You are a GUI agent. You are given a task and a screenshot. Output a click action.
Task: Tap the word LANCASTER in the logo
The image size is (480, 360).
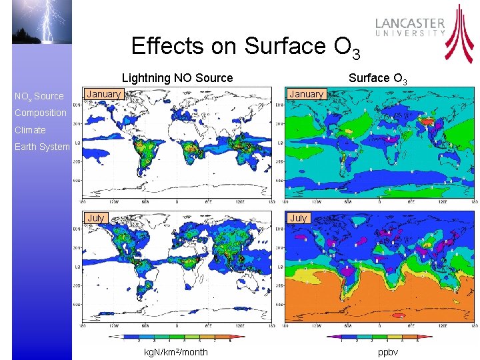[x=410, y=23]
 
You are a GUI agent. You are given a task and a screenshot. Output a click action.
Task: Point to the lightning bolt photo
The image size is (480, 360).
[x=41, y=21]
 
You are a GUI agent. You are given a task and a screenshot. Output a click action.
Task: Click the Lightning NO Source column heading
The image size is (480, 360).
[x=177, y=78]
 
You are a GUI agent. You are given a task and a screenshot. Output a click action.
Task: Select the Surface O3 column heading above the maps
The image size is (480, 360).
[x=378, y=78]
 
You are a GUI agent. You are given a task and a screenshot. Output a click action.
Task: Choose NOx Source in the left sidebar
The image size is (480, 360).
[x=39, y=97]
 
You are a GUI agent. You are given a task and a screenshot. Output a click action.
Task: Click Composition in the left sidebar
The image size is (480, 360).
[x=41, y=113]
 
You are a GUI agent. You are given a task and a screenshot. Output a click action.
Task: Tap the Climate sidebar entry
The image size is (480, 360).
[x=30, y=130]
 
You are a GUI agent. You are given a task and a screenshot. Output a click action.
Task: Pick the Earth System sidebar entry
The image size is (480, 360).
[x=42, y=147]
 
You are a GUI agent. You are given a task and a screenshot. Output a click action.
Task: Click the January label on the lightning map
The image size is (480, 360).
[x=104, y=94]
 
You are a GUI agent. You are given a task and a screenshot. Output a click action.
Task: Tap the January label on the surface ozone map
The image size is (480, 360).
[x=307, y=94]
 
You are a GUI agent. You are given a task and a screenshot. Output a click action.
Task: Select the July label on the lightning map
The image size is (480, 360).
[x=96, y=218]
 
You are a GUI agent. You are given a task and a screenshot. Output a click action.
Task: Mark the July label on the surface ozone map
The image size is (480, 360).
[x=299, y=218]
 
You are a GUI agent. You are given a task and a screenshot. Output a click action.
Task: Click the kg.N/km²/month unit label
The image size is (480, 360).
[x=176, y=352]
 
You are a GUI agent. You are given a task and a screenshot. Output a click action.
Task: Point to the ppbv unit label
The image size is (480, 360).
[x=387, y=352]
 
